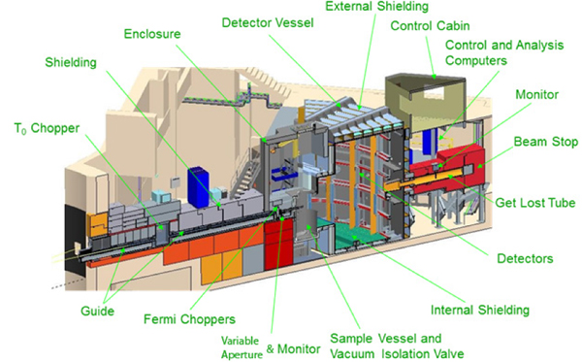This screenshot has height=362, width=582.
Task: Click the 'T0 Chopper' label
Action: pos(47,129)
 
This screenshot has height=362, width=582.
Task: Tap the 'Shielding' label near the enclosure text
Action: pos(71,62)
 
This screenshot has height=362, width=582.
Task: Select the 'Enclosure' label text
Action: pos(152,34)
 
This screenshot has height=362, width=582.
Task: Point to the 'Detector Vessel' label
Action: pos(268,22)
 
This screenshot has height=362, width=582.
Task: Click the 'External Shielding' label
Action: pos(376,6)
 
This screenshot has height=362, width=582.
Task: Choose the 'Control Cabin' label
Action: pos(430,26)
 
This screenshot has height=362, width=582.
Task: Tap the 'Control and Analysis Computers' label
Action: pos(504,52)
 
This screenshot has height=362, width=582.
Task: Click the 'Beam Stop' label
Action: pos(545,142)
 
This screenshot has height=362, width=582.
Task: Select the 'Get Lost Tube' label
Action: pos(535,203)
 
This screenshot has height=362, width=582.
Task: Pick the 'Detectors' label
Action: pos(525,259)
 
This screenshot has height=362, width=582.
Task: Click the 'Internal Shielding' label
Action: pos(480,310)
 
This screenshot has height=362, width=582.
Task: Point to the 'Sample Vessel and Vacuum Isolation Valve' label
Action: pos(397,346)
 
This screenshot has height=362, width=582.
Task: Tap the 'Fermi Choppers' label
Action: pos(189,319)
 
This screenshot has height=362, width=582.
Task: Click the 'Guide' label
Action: pos(97,312)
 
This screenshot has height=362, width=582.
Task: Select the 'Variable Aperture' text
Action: pos(242,347)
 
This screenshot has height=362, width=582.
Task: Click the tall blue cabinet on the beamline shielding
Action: pos(198,187)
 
